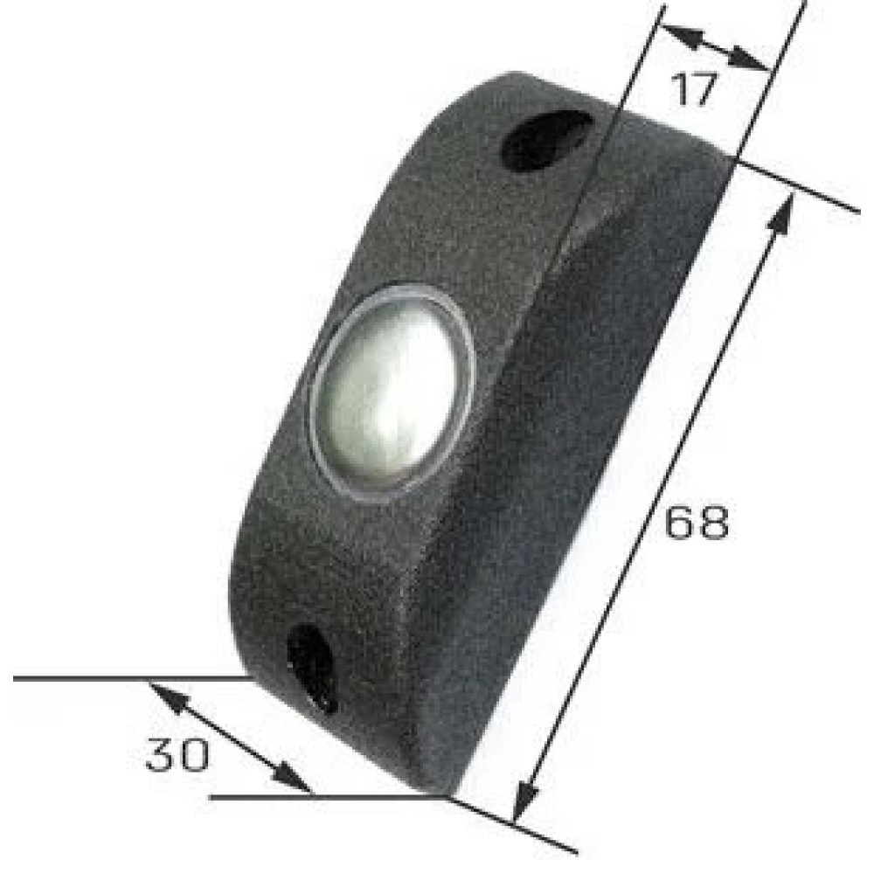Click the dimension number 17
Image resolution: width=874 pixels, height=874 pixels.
(693, 88)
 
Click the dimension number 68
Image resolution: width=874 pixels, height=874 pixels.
(697, 523)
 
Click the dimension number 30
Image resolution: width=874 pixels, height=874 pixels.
(177, 754)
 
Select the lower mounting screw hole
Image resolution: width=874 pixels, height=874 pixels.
(312, 668)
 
